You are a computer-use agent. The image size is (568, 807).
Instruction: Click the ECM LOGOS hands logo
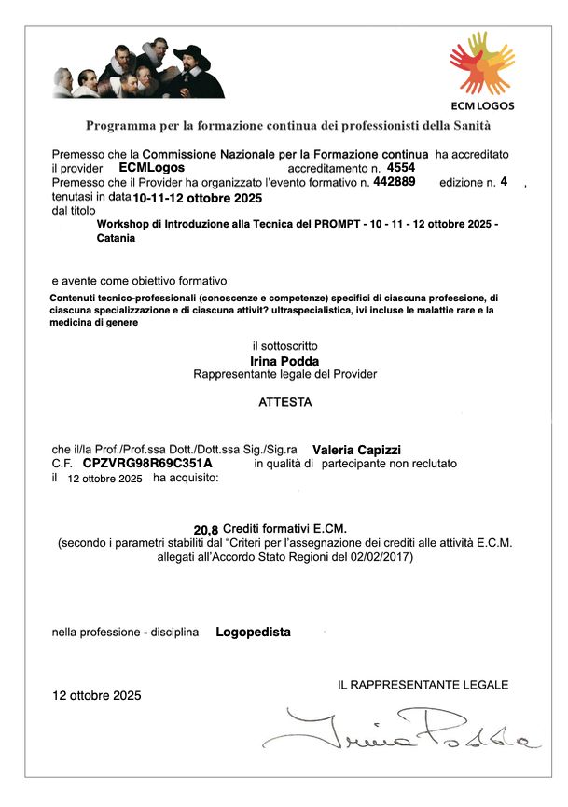click(482, 63)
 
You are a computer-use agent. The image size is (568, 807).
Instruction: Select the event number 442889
click(394, 181)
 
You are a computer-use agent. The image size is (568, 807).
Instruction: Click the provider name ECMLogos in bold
click(152, 166)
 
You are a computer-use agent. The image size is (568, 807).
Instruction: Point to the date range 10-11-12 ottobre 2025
click(197, 198)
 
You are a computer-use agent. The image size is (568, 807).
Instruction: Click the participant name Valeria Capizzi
click(356, 449)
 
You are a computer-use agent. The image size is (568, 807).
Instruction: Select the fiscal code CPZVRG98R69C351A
click(147, 463)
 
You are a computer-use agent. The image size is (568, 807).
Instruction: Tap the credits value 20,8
click(205, 529)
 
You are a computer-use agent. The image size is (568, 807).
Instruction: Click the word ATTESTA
click(285, 403)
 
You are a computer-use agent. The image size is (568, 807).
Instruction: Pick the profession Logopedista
click(253, 632)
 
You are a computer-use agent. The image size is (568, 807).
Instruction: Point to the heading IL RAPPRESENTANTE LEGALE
click(423, 685)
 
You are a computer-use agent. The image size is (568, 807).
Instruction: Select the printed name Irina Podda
click(284, 360)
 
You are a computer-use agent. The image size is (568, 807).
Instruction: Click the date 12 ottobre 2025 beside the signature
click(96, 695)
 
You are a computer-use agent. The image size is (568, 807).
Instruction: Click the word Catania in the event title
click(116, 238)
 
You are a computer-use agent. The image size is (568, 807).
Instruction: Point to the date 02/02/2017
click(380, 557)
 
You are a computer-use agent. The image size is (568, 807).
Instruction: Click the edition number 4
click(504, 182)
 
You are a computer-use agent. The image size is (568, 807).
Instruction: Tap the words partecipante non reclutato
click(389, 463)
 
